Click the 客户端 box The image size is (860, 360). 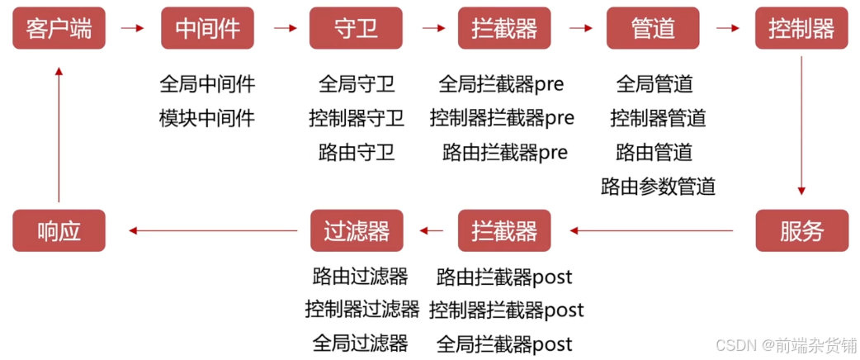(x=59, y=29)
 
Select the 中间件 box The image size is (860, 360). (x=207, y=29)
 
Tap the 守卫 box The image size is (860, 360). (x=356, y=29)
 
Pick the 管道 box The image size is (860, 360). (x=653, y=29)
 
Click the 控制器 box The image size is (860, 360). (x=801, y=29)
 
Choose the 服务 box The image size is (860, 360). (x=801, y=230)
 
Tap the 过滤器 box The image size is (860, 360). (x=356, y=230)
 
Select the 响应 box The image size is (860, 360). (x=59, y=230)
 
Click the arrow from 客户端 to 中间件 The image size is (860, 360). (x=132, y=28)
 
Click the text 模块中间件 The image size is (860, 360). (x=207, y=118)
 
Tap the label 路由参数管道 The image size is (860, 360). (x=658, y=187)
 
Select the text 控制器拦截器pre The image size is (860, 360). (x=502, y=118)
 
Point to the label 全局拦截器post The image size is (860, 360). (x=504, y=343)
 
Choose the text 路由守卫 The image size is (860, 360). (x=357, y=153)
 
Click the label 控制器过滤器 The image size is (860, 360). (x=361, y=310)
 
